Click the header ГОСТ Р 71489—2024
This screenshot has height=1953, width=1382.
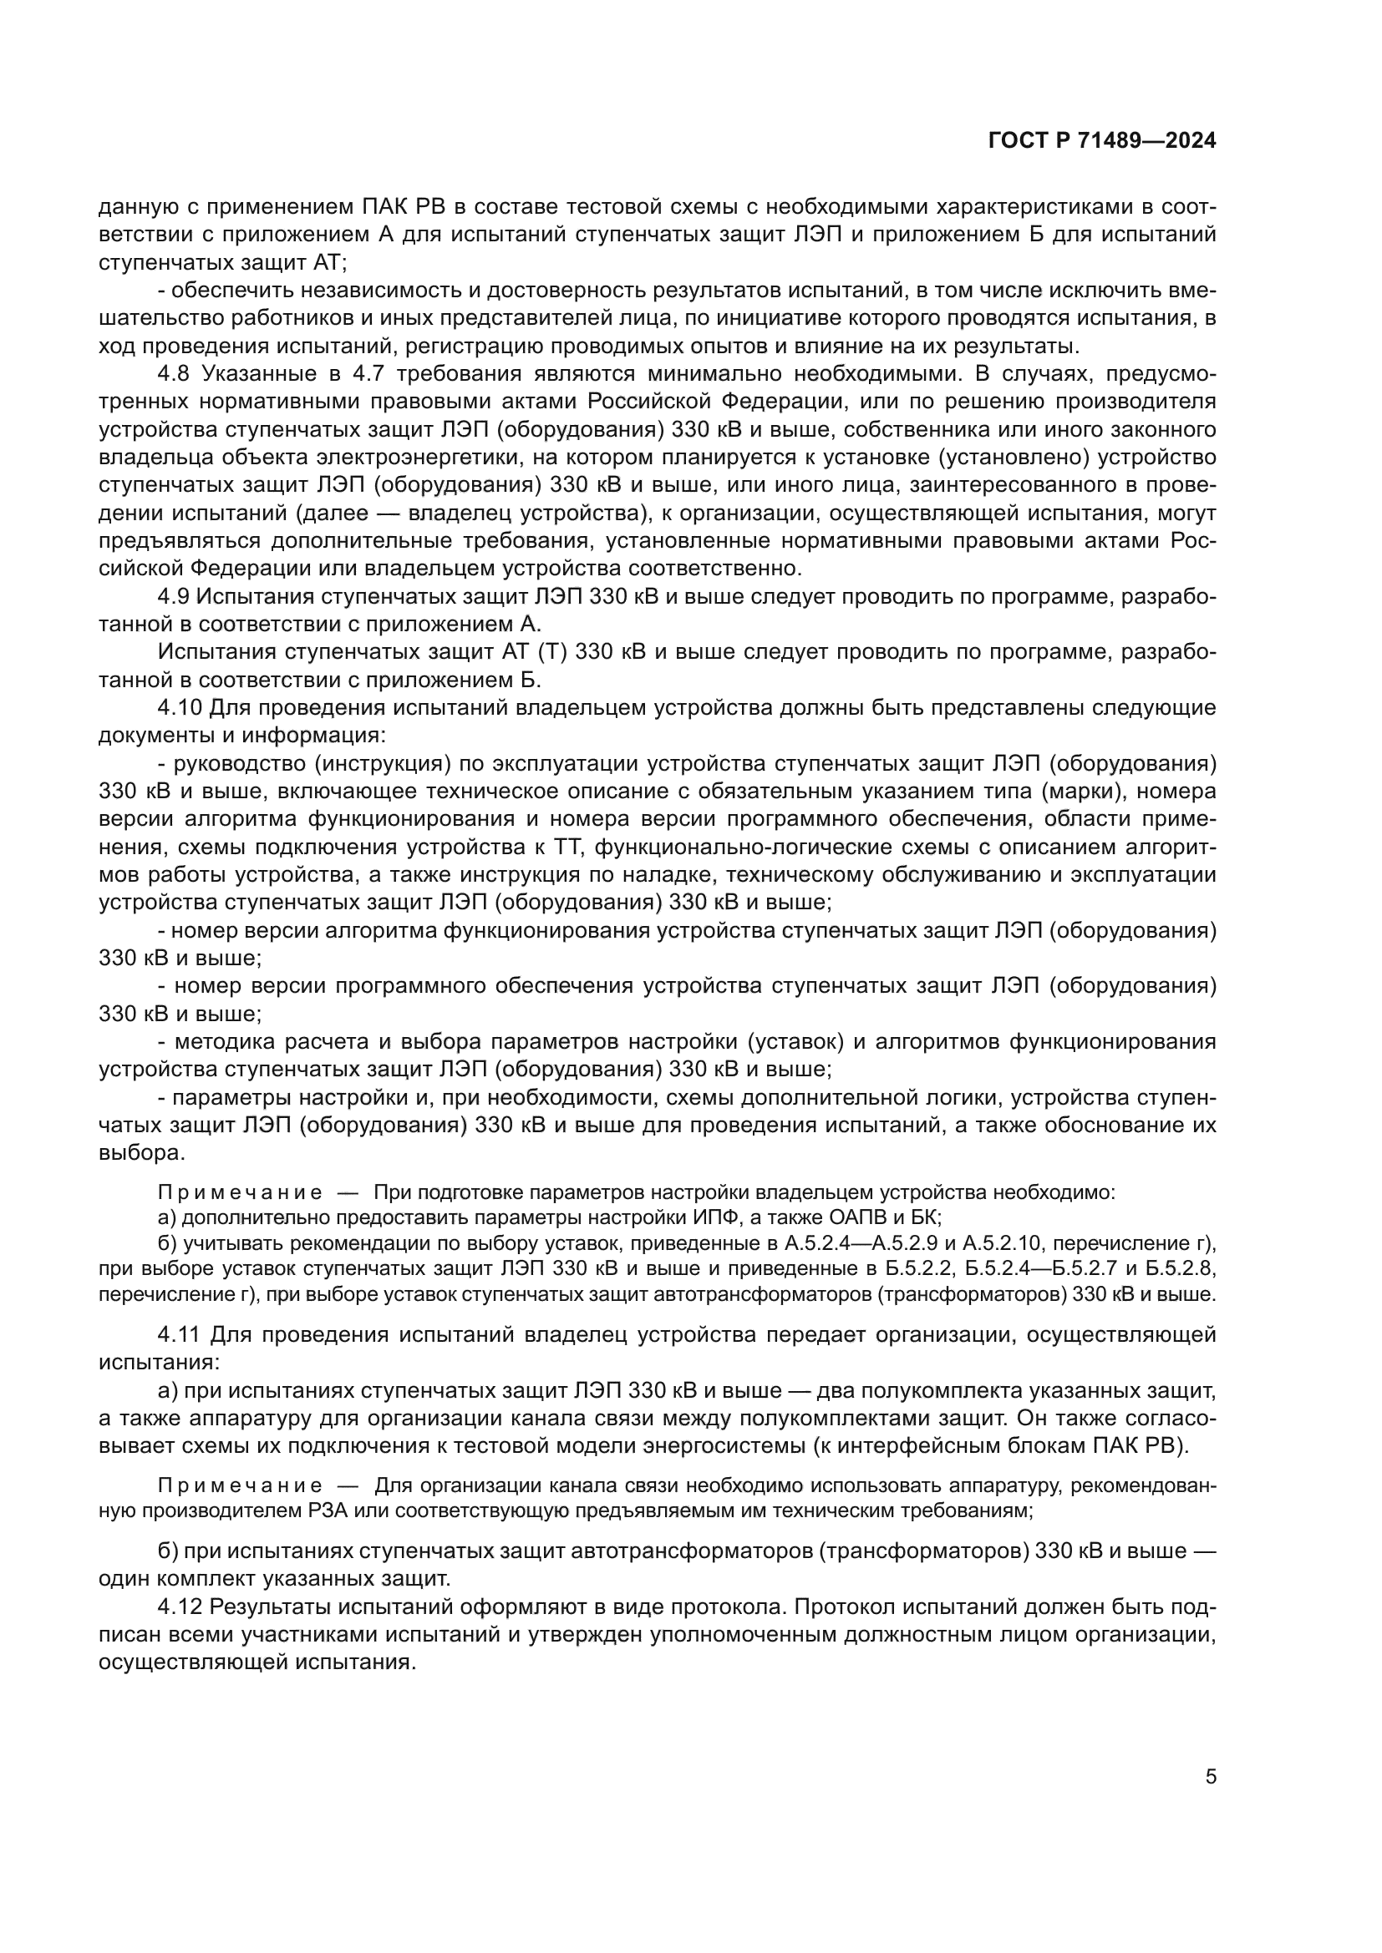(1102, 141)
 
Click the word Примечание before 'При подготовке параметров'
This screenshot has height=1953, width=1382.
(240, 1192)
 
